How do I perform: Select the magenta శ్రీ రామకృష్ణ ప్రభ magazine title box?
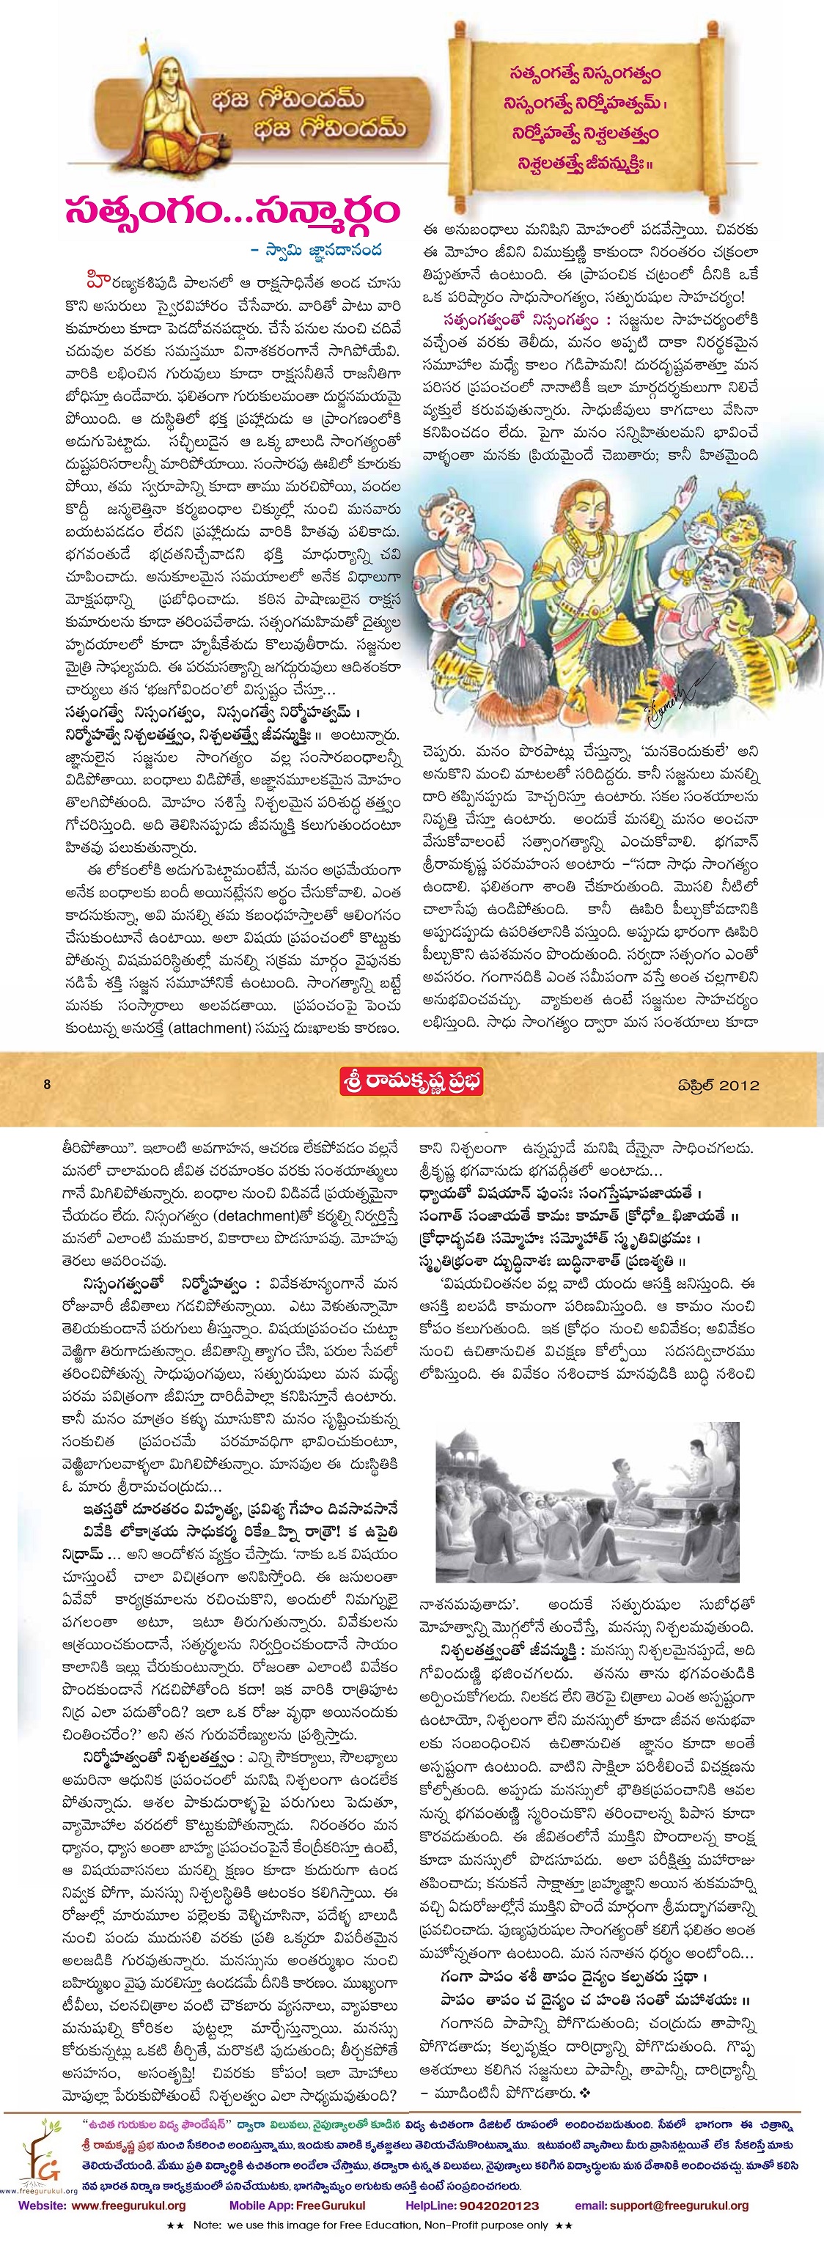pyautogui.click(x=411, y=1083)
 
